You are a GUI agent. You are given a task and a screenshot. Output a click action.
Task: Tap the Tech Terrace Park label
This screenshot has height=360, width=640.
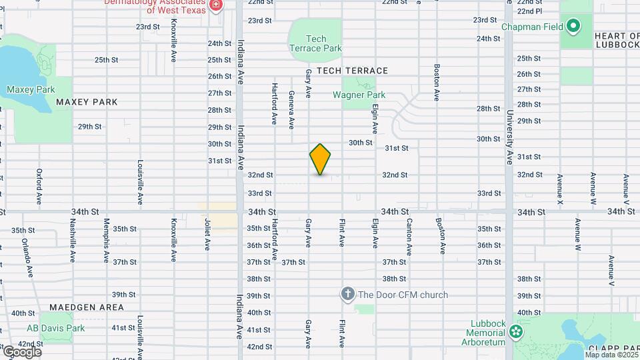click(315, 43)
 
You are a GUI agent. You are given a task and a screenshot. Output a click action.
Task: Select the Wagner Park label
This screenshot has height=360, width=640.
click(359, 95)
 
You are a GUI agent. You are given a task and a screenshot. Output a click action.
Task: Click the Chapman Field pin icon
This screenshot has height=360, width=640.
click(573, 27)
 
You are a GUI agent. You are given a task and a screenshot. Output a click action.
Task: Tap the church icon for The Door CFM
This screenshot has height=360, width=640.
click(347, 294)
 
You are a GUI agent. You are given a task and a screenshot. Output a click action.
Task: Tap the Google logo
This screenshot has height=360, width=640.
click(21, 351)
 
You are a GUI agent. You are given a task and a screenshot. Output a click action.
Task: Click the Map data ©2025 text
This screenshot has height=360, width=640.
click(611, 355)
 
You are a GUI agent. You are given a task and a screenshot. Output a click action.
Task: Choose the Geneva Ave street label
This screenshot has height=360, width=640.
click(291, 109)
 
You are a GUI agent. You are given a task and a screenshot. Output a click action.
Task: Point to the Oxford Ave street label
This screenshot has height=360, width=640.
click(39, 186)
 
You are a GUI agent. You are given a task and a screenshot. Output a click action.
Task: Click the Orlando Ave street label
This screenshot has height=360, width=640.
click(27, 257)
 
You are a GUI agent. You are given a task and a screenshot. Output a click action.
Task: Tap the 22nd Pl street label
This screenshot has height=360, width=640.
click(529, 11)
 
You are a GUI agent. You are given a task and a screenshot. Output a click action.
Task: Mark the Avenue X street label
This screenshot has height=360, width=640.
click(560, 189)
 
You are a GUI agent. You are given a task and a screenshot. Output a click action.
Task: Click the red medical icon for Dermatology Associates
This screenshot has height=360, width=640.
click(215, 6)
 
